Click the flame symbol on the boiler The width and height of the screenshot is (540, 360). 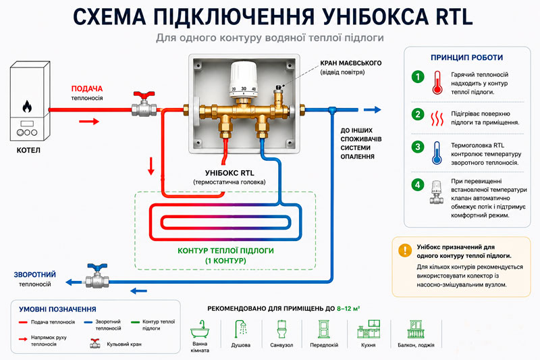(27, 107)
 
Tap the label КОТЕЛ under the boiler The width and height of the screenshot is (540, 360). (28, 150)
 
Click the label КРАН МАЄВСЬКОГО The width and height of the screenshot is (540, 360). (350, 63)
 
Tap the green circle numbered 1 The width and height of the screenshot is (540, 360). (418, 76)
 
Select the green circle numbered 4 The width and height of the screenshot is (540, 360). (418, 185)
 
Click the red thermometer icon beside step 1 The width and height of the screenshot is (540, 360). (437, 82)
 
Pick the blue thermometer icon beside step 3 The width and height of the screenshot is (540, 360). (437, 153)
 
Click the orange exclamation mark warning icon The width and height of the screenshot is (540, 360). (405, 251)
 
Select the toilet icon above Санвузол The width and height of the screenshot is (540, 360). (281, 329)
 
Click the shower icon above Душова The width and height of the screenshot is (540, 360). (241, 329)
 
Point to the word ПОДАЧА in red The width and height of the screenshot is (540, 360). (87, 88)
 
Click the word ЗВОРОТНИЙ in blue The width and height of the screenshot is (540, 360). (35, 275)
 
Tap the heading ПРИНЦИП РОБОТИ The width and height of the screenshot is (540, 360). (466, 57)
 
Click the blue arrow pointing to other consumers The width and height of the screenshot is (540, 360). (373, 109)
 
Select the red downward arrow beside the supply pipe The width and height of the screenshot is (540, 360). (151, 166)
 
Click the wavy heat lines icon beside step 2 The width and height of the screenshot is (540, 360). (437, 118)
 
